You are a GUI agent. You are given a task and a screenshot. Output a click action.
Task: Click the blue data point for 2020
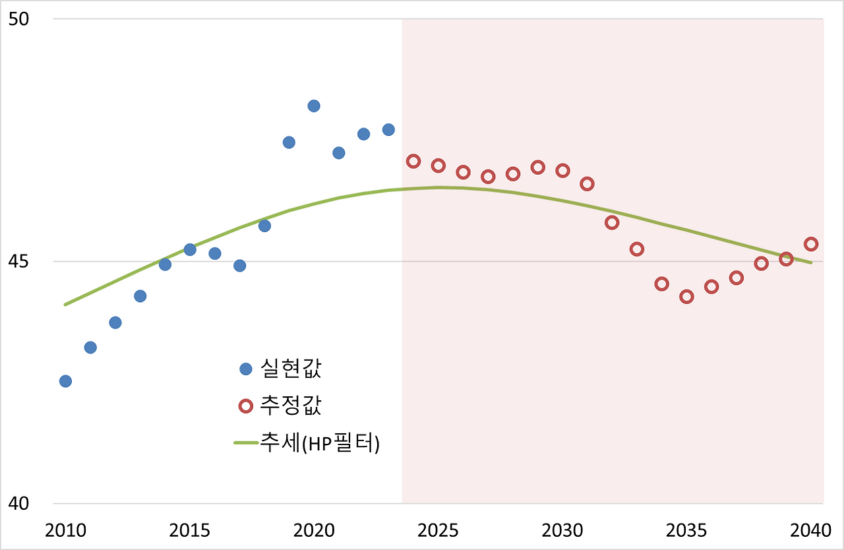pyautogui.click(x=314, y=106)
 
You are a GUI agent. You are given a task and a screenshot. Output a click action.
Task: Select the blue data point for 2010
pyautogui.click(x=65, y=381)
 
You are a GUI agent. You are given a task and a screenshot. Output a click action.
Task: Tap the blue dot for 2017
pyautogui.click(x=239, y=266)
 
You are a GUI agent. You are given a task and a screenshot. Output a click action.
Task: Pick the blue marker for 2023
pyautogui.click(x=388, y=129)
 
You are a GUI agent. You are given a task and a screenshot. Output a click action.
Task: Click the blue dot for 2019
pyautogui.click(x=289, y=142)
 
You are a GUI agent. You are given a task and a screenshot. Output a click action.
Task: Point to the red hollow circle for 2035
pyautogui.click(x=686, y=297)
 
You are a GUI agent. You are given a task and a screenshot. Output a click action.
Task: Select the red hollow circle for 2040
pyautogui.click(x=811, y=244)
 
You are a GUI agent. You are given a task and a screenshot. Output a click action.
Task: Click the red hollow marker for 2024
pyautogui.click(x=413, y=161)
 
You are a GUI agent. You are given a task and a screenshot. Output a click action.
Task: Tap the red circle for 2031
pyautogui.click(x=587, y=184)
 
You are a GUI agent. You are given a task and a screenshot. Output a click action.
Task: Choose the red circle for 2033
pyautogui.click(x=637, y=249)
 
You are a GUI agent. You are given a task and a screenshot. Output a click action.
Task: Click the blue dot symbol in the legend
pyautogui.click(x=246, y=369)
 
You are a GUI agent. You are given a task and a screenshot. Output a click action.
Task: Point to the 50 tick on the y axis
pyautogui.click(x=19, y=18)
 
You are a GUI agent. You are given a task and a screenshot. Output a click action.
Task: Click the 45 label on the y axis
pyautogui.click(x=19, y=262)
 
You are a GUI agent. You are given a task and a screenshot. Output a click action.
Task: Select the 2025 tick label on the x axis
pyautogui.click(x=438, y=531)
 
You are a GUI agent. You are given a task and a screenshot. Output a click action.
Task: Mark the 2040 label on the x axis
pyautogui.click(x=811, y=531)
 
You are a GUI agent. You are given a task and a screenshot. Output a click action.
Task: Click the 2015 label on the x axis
pyautogui.click(x=190, y=531)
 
